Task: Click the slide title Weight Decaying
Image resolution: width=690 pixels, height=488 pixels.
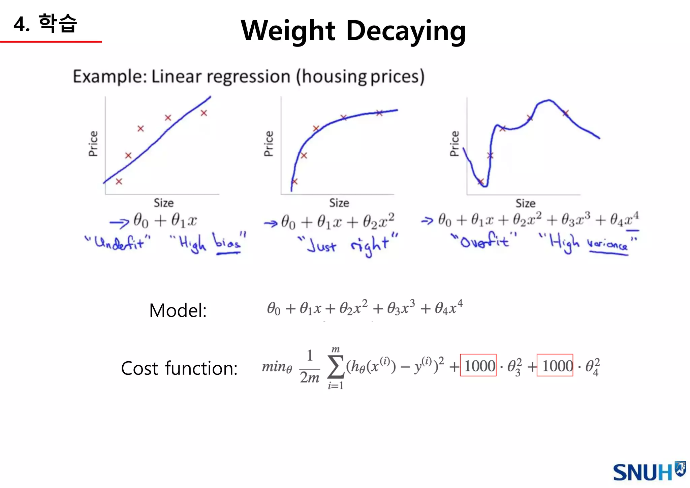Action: point(353,31)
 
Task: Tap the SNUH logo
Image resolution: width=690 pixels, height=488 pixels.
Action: point(649,471)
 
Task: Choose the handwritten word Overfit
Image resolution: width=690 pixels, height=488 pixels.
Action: point(484,241)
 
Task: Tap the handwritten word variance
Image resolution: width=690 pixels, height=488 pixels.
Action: point(607,244)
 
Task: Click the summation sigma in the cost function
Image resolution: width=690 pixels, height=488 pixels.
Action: point(336,366)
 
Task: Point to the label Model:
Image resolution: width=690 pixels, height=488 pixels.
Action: point(178,310)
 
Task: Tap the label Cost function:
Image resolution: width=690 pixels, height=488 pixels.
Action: point(179,368)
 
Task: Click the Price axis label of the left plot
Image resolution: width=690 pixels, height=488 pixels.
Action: point(93,144)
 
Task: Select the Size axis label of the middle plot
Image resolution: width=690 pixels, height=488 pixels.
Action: point(339,203)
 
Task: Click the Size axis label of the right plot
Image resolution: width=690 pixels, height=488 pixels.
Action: point(525,203)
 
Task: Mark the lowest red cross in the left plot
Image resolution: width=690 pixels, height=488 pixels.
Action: point(119,181)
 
